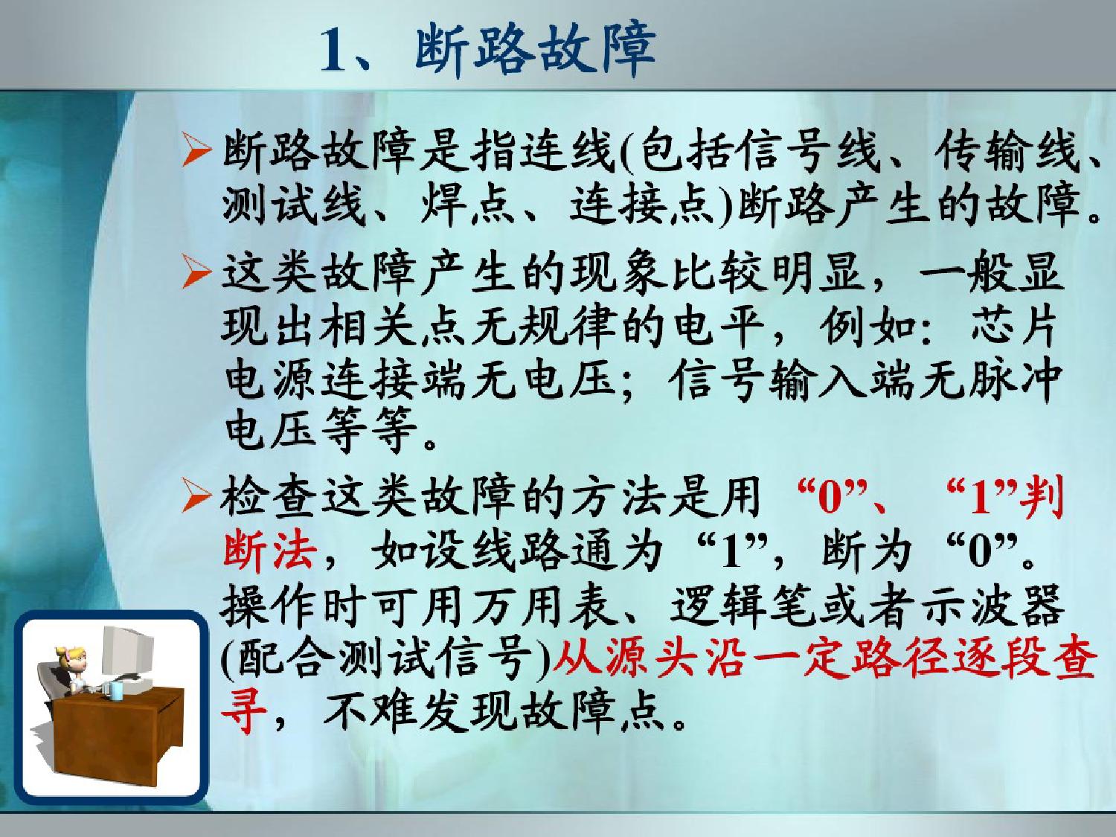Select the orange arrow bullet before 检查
(196, 496)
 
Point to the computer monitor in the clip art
(128, 651)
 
